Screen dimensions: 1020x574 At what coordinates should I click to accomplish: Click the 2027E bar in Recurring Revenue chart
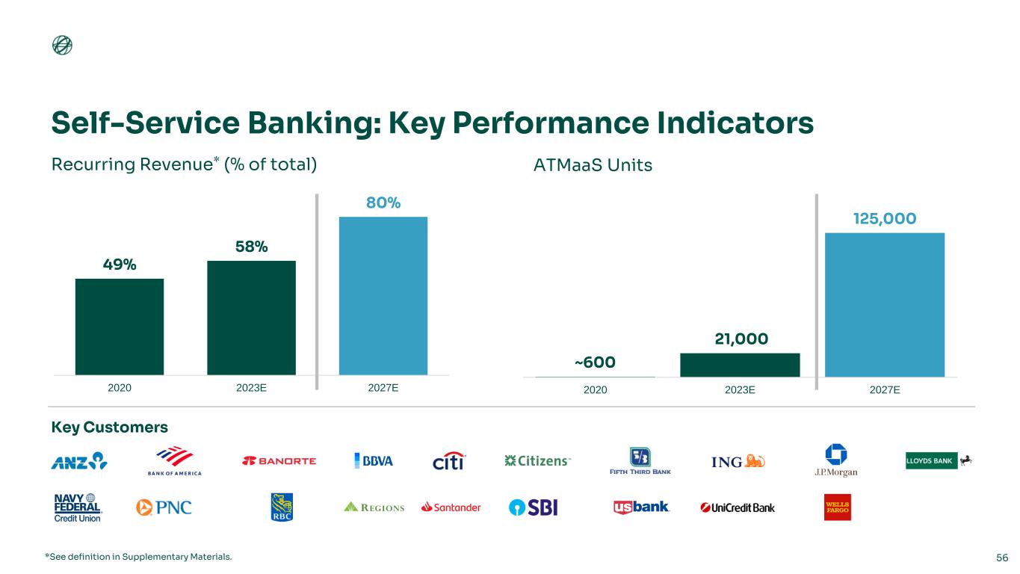click(383, 296)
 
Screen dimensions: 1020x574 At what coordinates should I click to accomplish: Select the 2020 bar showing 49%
click(120, 327)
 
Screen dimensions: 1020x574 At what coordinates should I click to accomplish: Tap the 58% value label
click(251, 247)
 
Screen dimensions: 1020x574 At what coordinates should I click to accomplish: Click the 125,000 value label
click(884, 219)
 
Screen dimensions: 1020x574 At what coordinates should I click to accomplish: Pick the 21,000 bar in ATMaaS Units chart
click(740, 365)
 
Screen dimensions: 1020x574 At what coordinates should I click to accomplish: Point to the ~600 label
click(595, 362)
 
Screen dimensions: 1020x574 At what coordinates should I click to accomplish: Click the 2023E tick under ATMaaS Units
click(740, 390)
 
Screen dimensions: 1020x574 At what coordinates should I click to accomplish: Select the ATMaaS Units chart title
click(593, 165)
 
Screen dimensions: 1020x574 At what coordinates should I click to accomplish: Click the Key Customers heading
click(109, 428)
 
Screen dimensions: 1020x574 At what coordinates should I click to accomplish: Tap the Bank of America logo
click(174, 461)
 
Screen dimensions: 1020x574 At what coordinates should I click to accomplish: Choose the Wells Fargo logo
click(838, 507)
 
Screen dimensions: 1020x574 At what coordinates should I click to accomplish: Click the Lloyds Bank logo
click(939, 460)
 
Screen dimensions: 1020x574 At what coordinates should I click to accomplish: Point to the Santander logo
click(451, 507)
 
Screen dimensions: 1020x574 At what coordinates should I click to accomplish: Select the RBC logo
click(282, 507)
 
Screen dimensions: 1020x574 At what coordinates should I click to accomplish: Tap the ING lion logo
click(738, 461)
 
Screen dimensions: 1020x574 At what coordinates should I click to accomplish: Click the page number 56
click(1002, 558)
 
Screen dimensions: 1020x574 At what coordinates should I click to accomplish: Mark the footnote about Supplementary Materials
click(138, 557)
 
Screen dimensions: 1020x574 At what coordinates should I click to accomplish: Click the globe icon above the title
click(62, 45)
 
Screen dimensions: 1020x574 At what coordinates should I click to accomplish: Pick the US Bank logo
click(641, 507)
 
